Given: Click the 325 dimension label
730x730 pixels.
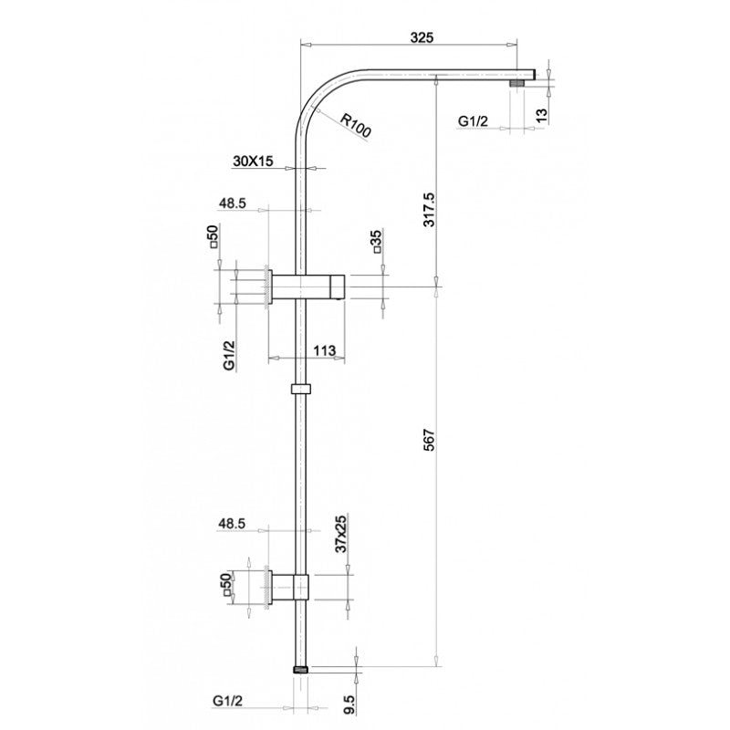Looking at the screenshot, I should pos(421,37).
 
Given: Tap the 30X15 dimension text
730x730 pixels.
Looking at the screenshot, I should pos(253,162).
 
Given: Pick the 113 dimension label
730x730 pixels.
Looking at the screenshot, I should pos(324,350).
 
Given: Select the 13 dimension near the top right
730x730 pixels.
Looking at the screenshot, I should pos(541,114).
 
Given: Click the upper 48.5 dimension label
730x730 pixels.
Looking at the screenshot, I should pos(232,204).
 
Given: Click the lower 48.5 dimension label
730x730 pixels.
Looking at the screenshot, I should pos(232,524).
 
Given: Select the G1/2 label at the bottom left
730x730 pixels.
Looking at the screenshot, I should pos(228,700).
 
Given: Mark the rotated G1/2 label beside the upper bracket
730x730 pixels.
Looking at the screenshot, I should pos(229,353).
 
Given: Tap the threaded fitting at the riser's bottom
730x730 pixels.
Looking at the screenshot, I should pos(300,669).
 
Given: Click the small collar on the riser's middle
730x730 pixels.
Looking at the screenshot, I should pos(300,390).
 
